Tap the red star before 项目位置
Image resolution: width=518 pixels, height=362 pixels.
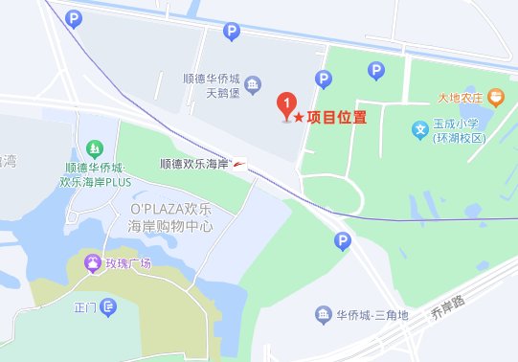tap(299, 117)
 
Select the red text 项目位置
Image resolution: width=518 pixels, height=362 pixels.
tap(336, 117)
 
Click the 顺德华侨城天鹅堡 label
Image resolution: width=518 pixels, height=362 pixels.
tap(214, 87)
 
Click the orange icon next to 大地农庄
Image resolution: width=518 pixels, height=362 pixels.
tap(495, 96)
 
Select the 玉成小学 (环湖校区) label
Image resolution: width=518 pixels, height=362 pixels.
tap(460, 130)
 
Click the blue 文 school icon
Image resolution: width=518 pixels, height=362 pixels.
tap(418, 129)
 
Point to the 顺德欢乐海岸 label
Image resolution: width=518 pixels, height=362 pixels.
tap(193, 165)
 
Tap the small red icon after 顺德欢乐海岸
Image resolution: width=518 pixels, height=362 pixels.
tap(238, 164)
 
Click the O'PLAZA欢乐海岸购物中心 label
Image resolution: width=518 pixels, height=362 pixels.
tap(170, 216)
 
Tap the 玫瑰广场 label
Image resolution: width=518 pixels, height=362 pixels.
tap(128, 262)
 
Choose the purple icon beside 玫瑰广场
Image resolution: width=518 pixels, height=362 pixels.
tap(92, 261)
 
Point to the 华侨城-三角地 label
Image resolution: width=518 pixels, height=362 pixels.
tap(372, 315)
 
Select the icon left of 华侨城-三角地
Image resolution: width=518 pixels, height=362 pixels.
tap(323, 315)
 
